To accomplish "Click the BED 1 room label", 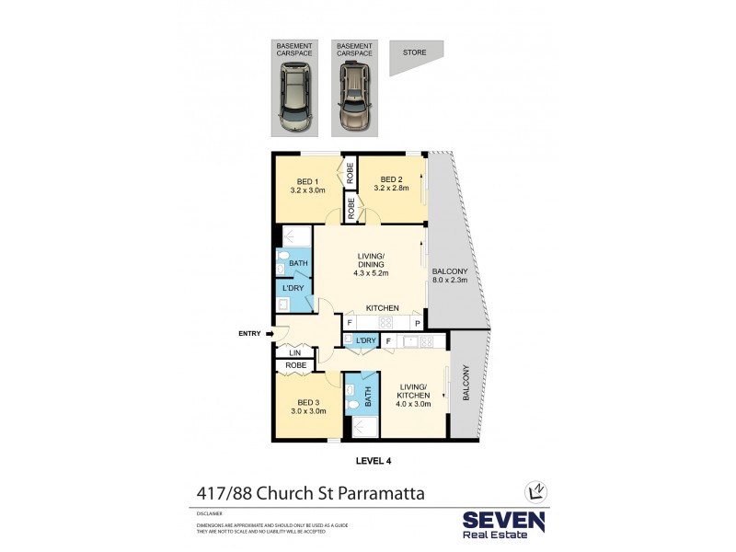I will tap(307, 180).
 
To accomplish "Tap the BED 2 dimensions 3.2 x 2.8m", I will tap(391, 190).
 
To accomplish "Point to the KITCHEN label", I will tap(382, 307).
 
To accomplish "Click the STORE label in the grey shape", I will tap(414, 53).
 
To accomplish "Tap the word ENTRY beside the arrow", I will tap(249, 334).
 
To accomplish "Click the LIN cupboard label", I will tap(295, 352).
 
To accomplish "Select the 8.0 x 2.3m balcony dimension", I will tap(450, 282).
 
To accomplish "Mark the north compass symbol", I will tap(530, 491).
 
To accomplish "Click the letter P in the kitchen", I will tap(417, 324).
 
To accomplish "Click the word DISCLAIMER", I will tap(210, 516).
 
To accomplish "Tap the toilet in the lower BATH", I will tap(352, 404).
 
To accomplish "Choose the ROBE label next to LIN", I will tap(295, 365).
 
